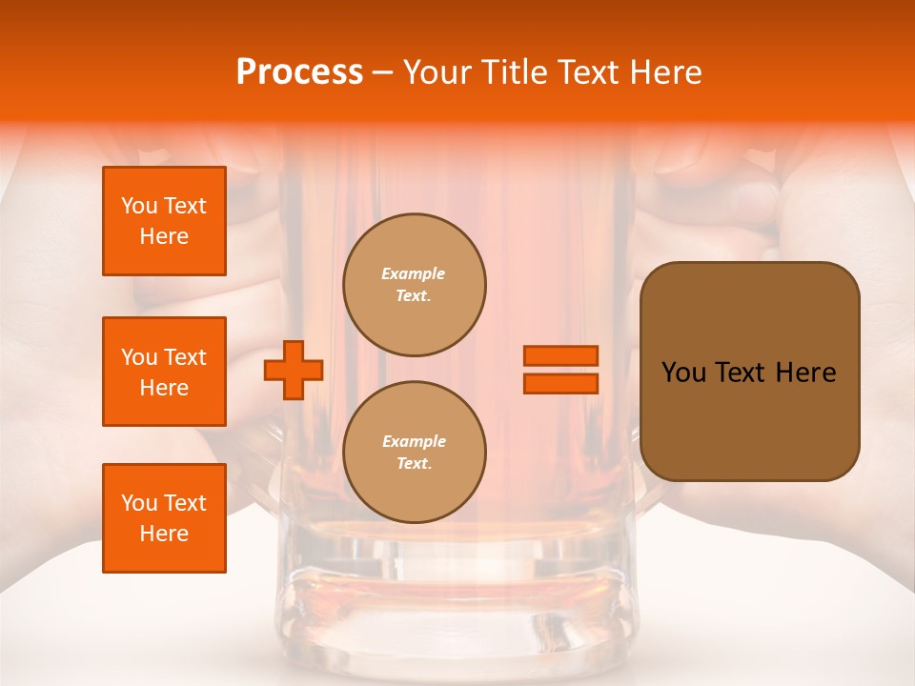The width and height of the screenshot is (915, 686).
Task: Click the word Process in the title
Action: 299,72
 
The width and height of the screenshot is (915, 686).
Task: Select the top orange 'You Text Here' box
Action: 164,221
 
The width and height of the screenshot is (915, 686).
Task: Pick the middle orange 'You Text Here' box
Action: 164,372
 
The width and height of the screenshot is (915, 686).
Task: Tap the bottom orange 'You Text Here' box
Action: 164,518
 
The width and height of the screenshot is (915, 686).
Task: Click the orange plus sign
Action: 294,370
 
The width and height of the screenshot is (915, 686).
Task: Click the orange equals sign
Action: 560,370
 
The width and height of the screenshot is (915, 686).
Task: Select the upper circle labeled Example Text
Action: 415,285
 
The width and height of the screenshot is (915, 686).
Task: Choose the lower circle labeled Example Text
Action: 415,453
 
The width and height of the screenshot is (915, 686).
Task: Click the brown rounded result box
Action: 749,372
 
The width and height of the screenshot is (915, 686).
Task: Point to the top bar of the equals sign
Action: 560,356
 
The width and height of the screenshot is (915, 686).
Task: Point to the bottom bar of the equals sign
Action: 560,383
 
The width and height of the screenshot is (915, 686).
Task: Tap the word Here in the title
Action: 667,72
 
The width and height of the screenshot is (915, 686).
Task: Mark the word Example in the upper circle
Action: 414,273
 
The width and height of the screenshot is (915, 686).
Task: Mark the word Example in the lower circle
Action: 414,441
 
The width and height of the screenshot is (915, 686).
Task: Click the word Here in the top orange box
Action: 164,236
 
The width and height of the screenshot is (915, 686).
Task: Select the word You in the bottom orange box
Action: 139,503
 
